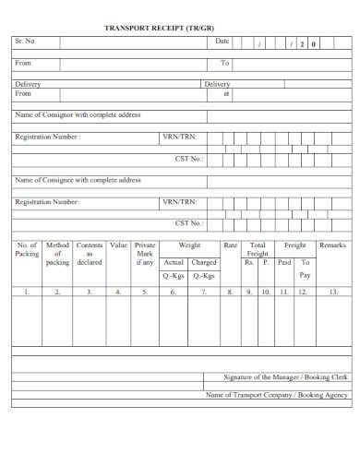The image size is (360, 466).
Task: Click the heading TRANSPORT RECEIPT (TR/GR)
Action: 179,29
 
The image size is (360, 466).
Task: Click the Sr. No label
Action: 25,42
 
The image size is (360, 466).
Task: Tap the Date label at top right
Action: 222,42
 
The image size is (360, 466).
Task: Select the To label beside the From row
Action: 224,63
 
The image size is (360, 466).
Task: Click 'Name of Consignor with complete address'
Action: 78,115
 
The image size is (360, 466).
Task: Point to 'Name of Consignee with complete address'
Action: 78,180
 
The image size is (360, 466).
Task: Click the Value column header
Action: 118,245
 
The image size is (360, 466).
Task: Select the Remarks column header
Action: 332,245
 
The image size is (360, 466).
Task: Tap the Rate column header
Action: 231,245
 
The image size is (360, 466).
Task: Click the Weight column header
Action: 189,245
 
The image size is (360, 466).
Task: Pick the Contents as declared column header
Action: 90,254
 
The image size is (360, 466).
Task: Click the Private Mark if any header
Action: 145,254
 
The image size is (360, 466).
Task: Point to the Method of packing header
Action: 57,254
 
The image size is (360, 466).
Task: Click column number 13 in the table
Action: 333,292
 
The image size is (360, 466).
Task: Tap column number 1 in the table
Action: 27,292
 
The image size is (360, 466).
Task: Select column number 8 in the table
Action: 231,292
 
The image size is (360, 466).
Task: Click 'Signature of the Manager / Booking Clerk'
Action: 286,376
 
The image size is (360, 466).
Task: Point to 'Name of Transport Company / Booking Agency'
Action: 277,394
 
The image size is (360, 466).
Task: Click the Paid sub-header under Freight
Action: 284,262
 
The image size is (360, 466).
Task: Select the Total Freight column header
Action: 258,249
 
